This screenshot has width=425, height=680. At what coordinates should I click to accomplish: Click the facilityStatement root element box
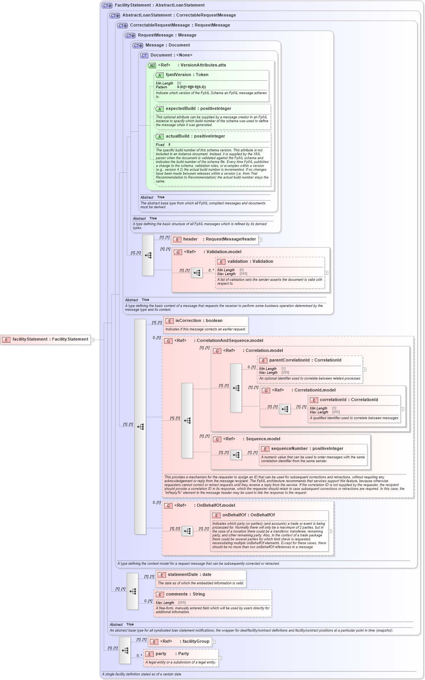(x=46, y=340)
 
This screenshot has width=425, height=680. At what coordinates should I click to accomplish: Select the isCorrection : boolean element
(x=199, y=321)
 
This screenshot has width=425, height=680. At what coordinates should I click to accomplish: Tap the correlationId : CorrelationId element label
(x=349, y=400)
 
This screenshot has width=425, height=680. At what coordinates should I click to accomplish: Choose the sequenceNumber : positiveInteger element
(x=307, y=449)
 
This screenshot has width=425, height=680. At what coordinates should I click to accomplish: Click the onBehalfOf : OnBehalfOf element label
(x=248, y=515)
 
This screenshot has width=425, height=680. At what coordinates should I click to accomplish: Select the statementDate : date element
(x=189, y=575)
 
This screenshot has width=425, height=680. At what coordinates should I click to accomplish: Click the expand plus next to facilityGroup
(x=214, y=642)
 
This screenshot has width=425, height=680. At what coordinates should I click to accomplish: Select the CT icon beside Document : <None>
(x=144, y=56)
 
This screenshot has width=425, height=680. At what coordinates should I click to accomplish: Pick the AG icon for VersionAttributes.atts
(x=152, y=66)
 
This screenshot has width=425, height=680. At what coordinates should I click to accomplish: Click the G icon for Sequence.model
(x=217, y=440)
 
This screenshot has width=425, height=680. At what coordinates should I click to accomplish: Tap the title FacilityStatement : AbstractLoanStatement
(x=159, y=5)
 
